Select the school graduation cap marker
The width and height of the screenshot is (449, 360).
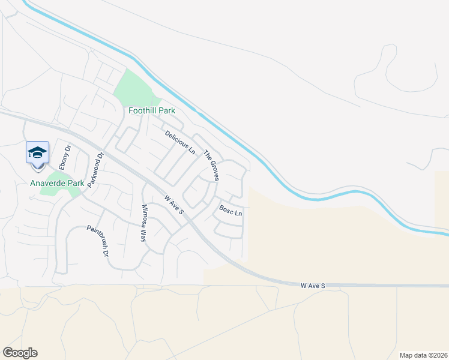click(x=37, y=152)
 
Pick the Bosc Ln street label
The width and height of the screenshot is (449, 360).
click(x=231, y=211)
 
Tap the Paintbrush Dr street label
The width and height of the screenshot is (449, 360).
click(x=97, y=241)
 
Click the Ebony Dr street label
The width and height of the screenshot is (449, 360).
click(x=65, y=157)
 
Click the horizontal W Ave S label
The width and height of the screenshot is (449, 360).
click(x=313, y=286)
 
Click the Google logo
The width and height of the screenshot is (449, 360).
click(x=20, y=353)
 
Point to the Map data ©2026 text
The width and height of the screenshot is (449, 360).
click(x=423, y=355)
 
